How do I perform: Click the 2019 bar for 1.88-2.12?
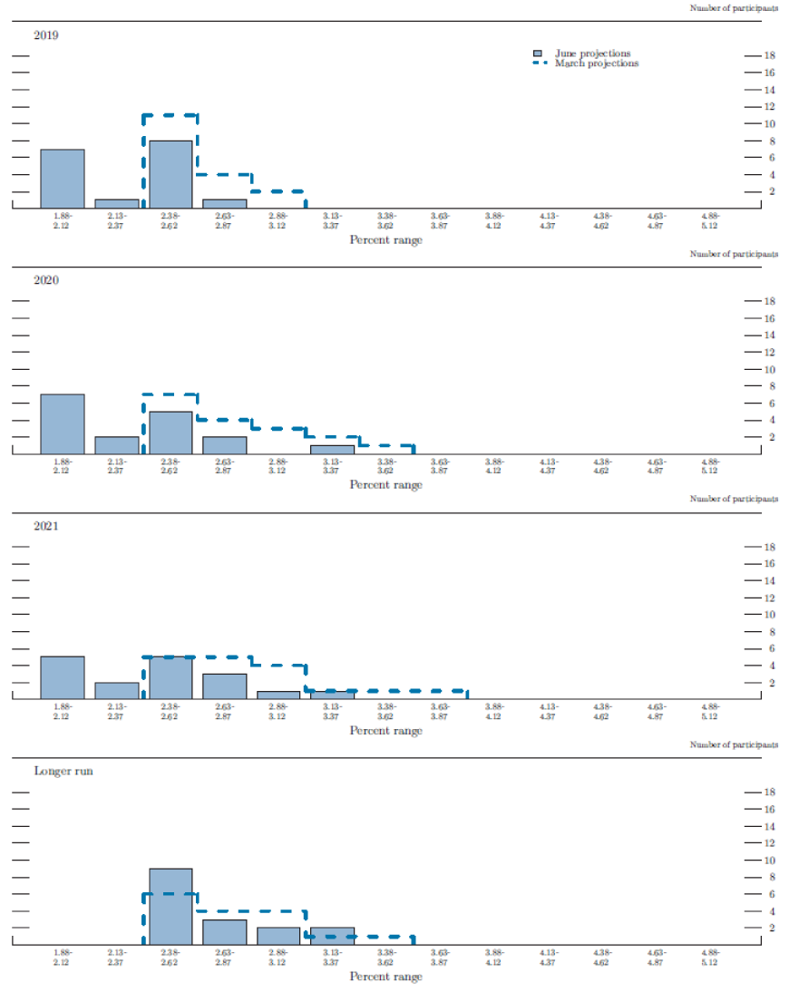(x=63, y=179)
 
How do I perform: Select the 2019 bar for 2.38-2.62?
(x=170, y=174)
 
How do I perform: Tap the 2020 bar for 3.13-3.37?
(x=332, y=449)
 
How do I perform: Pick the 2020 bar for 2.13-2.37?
(x=117, y=445)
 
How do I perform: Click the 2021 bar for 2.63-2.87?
(x=224, y=686)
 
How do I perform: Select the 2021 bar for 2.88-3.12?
(x=278, y=695)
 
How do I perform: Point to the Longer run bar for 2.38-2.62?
(x=170, y=906)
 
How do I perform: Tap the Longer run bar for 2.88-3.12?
(x=278, y=935)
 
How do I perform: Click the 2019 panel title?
(x=46, y=35)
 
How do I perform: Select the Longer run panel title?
(x=63, y=771)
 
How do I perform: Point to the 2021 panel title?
(x=46, y=526)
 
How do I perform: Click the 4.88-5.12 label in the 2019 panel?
(x=710, y=220)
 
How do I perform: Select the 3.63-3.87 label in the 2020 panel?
(x=440, y=465)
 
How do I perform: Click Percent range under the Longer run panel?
(x=385, y=976)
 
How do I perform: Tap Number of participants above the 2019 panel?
(x=733, y=7)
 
